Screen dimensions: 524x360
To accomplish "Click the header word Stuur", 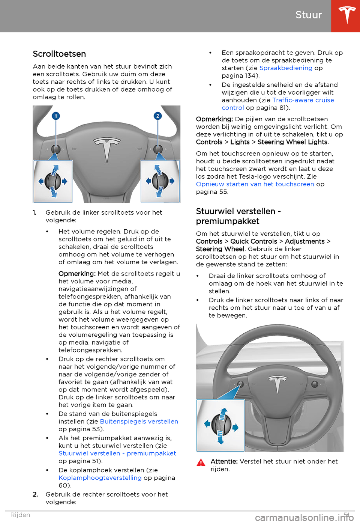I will coord(309,15).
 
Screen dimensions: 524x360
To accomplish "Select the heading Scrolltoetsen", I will coord(59,54).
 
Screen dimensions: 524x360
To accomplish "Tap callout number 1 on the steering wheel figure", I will coord(56,116).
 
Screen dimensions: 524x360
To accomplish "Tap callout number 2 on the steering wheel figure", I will coord(157,116).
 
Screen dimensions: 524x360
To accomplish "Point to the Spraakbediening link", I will coord(286,68).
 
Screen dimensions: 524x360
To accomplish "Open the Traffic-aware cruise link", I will coord(303,100).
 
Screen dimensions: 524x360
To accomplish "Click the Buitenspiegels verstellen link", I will coord(139,422).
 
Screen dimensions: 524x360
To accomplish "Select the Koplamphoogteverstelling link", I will coord(100,478).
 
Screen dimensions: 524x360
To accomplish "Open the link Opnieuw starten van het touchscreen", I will coord(255,184).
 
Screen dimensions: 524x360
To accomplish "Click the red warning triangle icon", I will coord(201,462).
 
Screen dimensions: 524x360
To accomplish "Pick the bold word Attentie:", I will coord(224,461).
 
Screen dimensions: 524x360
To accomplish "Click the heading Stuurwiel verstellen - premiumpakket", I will coord(238,216).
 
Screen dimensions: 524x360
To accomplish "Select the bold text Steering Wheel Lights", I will coord(292,142).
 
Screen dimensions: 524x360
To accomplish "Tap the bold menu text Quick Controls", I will coord(253,241).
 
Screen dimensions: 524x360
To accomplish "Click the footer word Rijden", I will coord(20,515).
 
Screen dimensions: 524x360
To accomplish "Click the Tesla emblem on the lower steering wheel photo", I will coord(277,383).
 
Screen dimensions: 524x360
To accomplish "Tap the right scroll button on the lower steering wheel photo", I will coord(315,384).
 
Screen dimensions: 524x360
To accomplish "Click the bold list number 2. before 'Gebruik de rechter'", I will coord(35,495).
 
